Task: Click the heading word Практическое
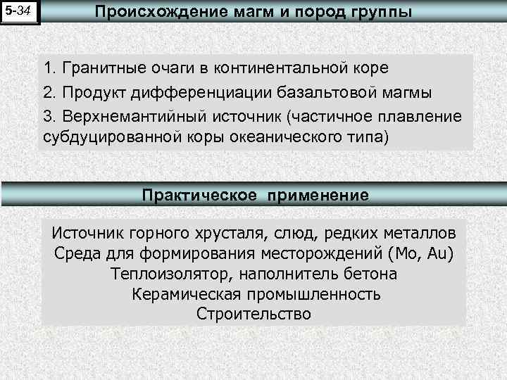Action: (199, 195)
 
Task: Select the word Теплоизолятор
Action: (165, 273)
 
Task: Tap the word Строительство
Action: (253, 314)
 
